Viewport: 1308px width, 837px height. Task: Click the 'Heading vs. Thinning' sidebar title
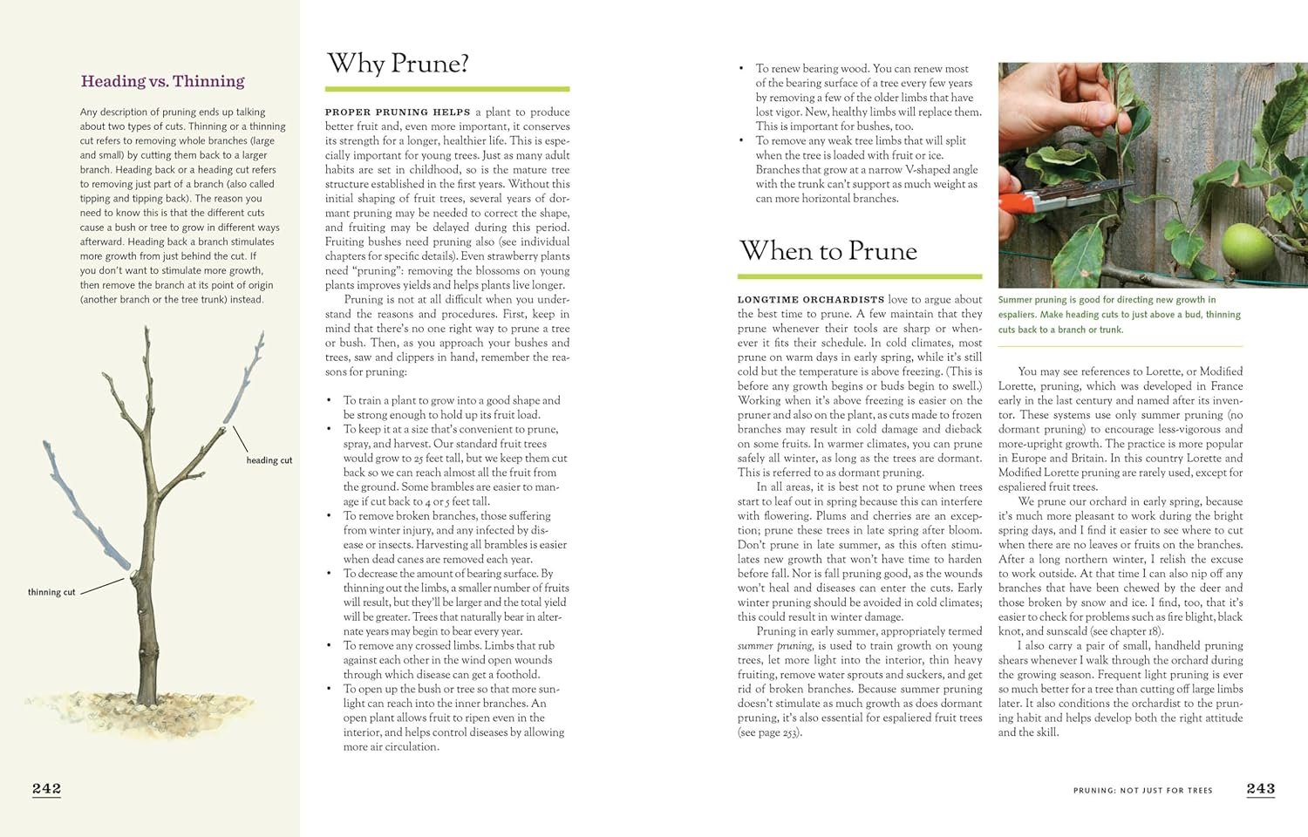coord(162,81)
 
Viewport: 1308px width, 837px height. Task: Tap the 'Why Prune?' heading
coord(398,64)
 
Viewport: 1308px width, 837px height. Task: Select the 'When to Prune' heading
coord(828,251)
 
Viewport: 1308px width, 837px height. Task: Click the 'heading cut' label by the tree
coord(269,460)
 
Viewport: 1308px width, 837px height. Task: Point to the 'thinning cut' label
coord(51,592)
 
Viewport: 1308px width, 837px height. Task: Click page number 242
coord(47,788)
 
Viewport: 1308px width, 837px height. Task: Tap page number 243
coord(1260,788)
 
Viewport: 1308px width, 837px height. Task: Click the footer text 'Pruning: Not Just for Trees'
coord(1142,790)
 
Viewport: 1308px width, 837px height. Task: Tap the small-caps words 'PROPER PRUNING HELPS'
coord(397,112)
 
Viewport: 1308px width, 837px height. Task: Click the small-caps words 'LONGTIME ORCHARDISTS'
coord(811,299)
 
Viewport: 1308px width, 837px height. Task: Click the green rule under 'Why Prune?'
coord(447,89)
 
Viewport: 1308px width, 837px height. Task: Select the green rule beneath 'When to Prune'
coord(859,276)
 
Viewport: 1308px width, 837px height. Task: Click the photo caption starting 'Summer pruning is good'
coord(1119,314)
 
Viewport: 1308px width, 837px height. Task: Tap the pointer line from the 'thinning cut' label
coord(105,583)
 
